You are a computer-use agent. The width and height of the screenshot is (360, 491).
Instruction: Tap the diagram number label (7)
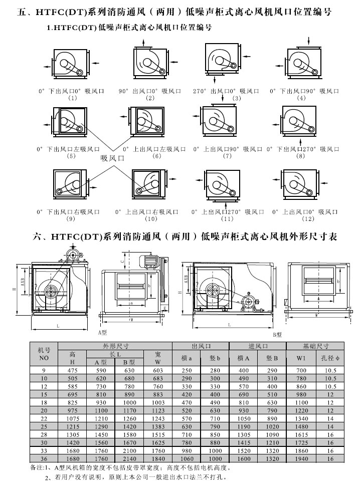(x=227, y=156)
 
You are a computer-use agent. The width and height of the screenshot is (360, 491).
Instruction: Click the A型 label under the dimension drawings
(x=102, y=332)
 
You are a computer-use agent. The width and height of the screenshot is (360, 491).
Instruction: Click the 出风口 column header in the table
(x=200, y=346)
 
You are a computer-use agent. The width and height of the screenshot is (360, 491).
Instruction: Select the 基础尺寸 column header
(x=315, y=346)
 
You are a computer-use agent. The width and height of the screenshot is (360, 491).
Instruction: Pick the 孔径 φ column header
(x=329, y=358)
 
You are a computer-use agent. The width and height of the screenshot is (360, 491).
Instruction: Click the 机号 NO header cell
(x=44, y=354)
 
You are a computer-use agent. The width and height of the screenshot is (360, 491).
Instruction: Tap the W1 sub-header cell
(x=300, y=358)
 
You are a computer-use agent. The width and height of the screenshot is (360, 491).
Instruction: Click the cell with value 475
(x=72, y=370)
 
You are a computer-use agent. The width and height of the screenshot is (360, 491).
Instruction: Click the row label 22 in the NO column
(x=44, y=418)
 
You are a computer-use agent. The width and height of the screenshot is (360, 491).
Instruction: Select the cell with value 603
(x=158, y=370)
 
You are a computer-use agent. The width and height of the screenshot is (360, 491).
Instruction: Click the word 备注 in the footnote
(x=38, y=468)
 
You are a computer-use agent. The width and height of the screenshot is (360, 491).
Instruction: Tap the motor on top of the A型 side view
(x=148, y=261)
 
